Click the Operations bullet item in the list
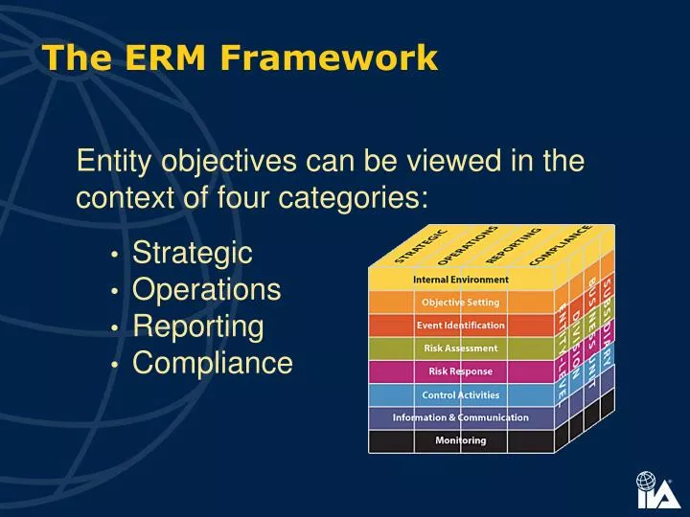[x=206, y=290]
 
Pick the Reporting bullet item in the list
[x=197, y=326]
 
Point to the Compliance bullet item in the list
[x=212, y=363]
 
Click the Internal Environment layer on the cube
[x=460, y=280]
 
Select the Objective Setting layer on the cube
[x=460, y=303]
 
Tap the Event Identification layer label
[x=460, y=326]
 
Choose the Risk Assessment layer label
[x=460, y=348]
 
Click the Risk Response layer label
[x=460, y=371]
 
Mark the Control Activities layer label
[x=460, y=394]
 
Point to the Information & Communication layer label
[x=460, y=417]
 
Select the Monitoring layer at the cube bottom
[x=460, y=440]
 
